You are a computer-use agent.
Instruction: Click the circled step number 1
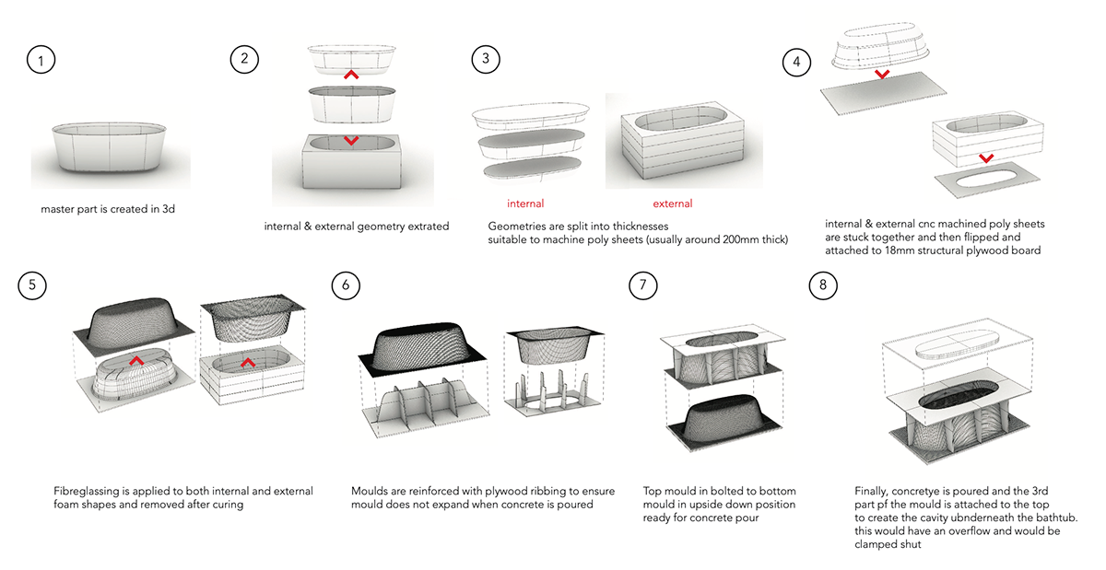[x=41, y=61]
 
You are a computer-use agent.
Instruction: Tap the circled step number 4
[x=797, y=61]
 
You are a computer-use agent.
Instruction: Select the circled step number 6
[x=346, y=285]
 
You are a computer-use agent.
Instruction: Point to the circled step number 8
[x=823, y=285]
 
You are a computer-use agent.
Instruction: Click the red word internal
[x=525, y=204]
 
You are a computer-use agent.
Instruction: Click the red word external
[x=672, y=204]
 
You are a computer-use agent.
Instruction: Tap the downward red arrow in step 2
[x=350, y=141]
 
